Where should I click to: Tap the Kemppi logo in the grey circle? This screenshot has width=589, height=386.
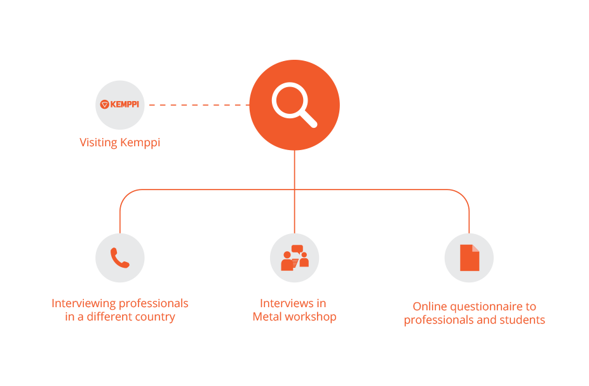point(119,104)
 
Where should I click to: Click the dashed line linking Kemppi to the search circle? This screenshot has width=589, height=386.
point(199,105)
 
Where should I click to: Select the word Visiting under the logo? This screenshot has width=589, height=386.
point(98,142)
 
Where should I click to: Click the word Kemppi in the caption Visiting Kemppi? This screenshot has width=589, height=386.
point(140,143)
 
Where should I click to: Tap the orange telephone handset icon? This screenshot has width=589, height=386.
point(120,258)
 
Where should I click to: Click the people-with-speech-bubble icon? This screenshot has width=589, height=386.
point(295,258)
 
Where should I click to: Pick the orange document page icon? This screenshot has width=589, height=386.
point(470,258)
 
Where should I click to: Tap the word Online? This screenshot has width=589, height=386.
point(430,307)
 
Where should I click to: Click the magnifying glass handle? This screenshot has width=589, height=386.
point(308,119)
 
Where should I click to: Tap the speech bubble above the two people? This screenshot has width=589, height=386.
point(297,249)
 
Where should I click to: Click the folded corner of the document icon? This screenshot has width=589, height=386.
point(475,248)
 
